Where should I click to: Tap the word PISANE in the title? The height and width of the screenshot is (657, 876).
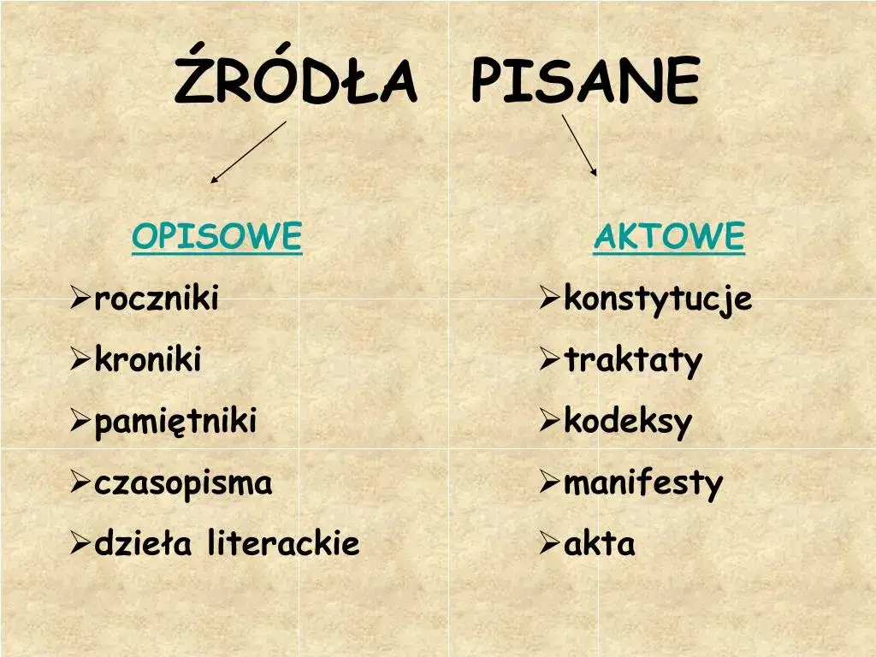point(586,82)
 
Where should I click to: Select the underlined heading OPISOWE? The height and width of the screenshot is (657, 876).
point(217,236)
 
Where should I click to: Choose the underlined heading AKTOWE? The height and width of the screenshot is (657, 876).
point(669,236)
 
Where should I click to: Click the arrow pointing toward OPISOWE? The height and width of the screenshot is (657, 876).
point(248,151)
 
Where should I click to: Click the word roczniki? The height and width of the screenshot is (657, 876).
point(157,299)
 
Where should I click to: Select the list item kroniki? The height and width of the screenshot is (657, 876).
point(148,360)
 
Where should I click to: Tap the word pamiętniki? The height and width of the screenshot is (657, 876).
point(175,422)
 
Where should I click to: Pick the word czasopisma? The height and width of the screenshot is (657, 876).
point(183,483)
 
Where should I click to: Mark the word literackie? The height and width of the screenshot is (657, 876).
point(283,543)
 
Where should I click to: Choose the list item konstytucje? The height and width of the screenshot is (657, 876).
point(658,299)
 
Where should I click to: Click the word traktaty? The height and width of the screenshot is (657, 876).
point(633,361)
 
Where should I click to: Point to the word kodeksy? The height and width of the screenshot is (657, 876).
point(628,422)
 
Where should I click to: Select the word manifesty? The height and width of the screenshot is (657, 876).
point(643,483)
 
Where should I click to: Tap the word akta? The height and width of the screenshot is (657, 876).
point(600,543)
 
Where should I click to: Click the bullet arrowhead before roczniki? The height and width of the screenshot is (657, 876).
point(80,299)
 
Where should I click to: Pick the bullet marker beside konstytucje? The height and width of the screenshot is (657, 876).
point(549,299)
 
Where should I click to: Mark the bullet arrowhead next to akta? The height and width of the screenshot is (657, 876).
point(549,543)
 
